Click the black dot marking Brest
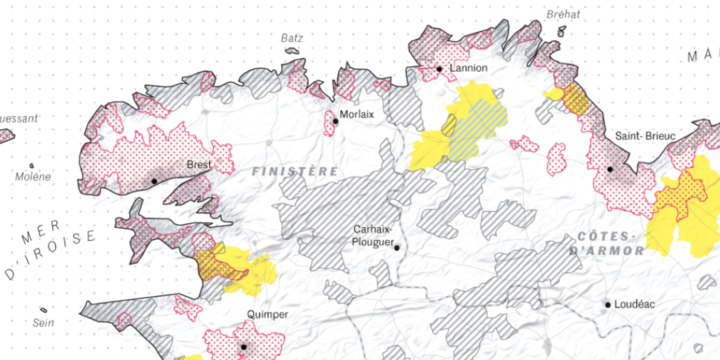click(x=154, y=181)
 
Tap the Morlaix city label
click(x=356, y=114)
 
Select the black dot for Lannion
click(x=439, y=69)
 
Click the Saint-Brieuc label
click(x=645, y=136)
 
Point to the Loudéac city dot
click(x=607, y=304)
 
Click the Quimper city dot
click(x=243, y=347)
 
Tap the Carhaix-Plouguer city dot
click(x=396, y=247)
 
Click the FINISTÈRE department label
click(x=295, y=171)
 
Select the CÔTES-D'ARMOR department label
click(x=606, y=243)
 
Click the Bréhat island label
click(x=563, y=14)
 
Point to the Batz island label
click(x=291, y=38)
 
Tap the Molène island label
click(x=33, y=176)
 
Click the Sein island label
click(x=43, y=323)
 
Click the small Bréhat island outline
click(x=561, y=32)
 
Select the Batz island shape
click(x=291, y=50)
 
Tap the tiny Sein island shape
click(x=43, y=310)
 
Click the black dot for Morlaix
click(x=335, y=121)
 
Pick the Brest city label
click(x=198, y=164)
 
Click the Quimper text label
click(x=267, y=314)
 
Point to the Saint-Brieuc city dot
click(x=609, y=169)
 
